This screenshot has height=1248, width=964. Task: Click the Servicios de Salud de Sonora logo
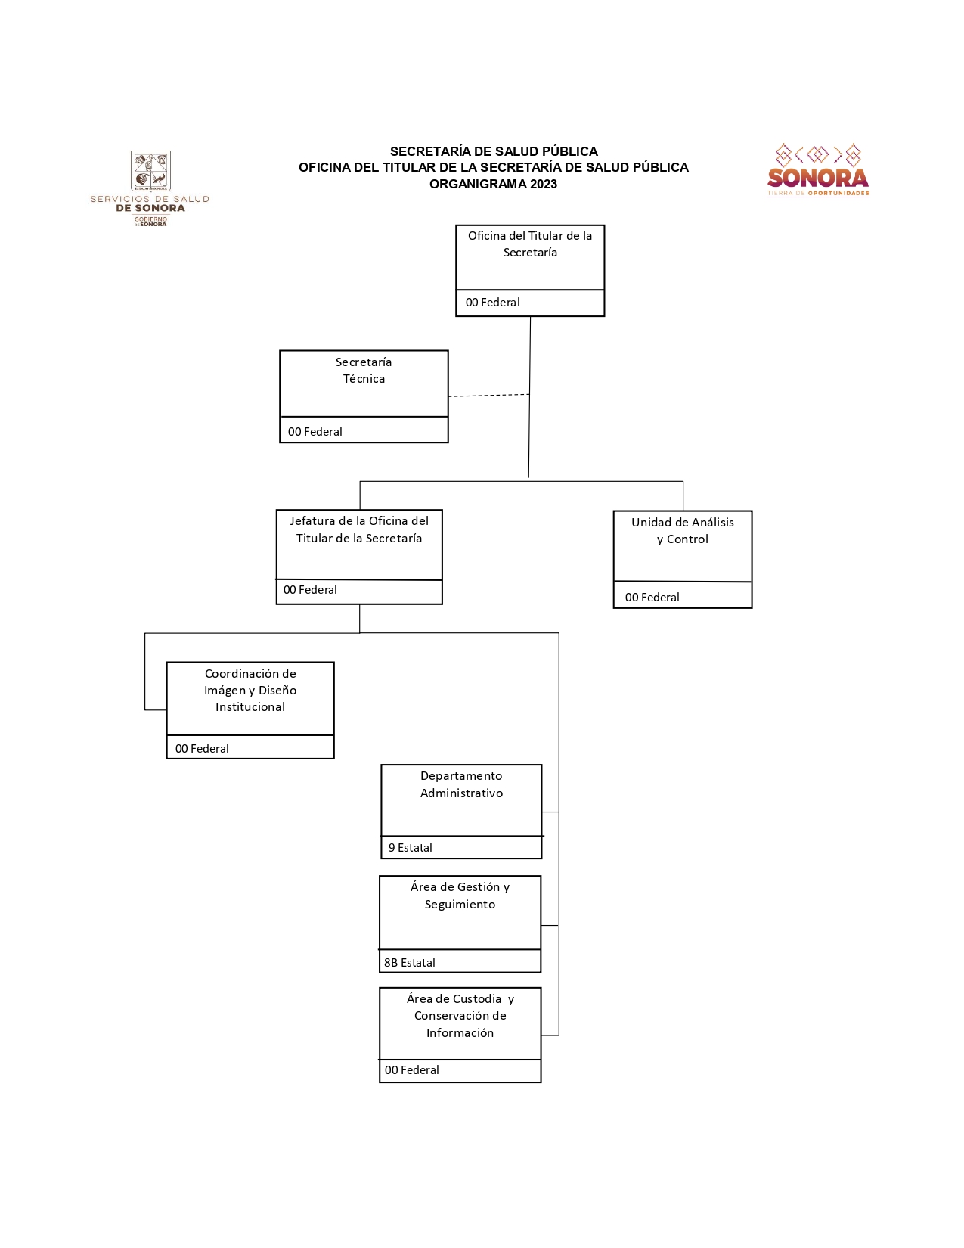(x=150, y=188)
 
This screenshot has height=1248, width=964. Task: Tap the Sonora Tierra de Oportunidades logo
(x=818, y=171)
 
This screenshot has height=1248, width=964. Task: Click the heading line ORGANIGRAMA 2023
(x=493, y=184)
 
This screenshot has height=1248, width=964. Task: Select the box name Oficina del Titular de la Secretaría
(x=530, y=244)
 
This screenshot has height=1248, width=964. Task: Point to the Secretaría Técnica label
(x=364, y=371)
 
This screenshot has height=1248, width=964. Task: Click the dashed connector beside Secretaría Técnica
(x=488, y=396)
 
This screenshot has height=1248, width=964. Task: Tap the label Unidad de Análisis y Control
(x=682, y=530)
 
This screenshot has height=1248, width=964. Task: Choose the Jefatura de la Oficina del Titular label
(x=359, y=529)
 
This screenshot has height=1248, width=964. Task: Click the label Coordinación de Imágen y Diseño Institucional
(x=250, y=690)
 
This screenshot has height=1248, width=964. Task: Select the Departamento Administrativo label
(x=461, y=784)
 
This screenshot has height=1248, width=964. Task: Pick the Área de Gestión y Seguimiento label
(x=460, y=896)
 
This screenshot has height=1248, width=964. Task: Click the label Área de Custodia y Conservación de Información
(x=460, y=1016)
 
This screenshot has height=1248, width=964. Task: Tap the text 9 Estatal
(x=411, y=848)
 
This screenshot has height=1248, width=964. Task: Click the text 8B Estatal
(x=410, y=963)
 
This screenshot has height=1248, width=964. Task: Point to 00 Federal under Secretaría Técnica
(x=315, y=432)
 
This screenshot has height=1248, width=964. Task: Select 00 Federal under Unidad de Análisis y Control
(x=652, y=598)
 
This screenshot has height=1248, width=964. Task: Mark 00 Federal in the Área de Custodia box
(x=412, y=1070)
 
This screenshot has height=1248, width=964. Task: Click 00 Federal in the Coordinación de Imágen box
(x=202, y=749)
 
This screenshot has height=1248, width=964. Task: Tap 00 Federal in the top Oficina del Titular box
(x=493, y=303)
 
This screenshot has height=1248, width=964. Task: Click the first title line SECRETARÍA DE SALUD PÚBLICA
(x=494, y=151)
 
